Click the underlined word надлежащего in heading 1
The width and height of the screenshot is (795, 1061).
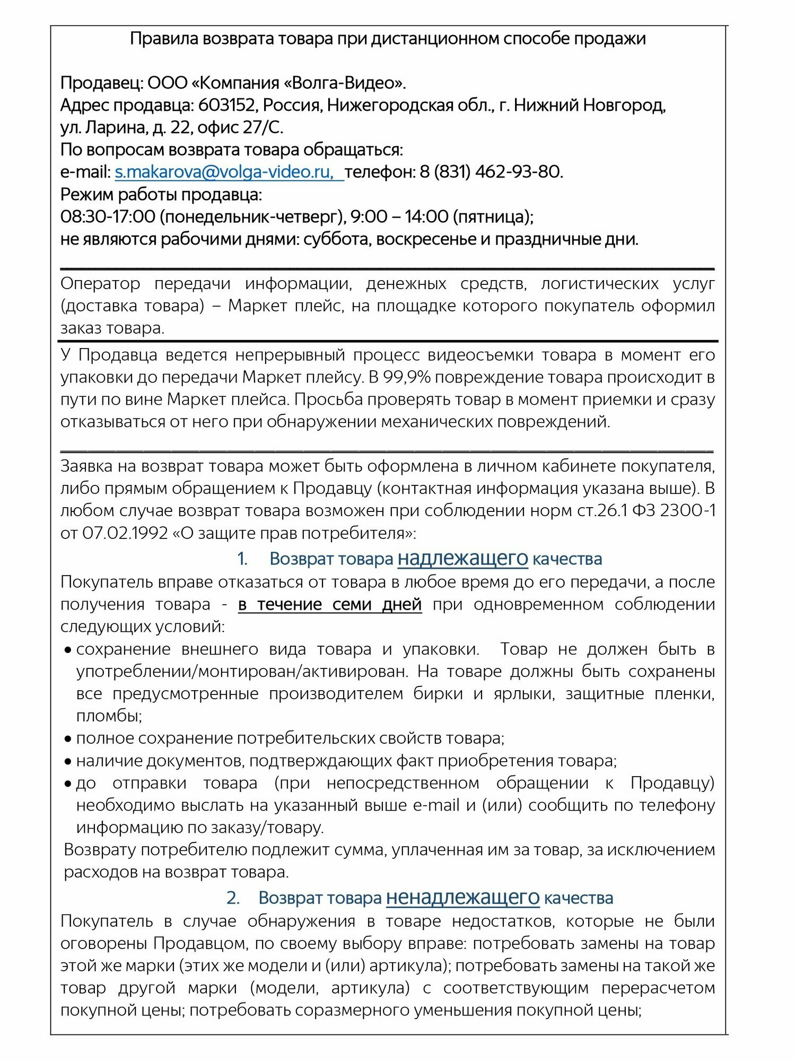(x=462, y=559)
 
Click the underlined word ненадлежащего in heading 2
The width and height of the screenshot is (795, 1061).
(x=462, y=898)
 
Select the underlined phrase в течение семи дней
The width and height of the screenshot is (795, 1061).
(x=330, y=604)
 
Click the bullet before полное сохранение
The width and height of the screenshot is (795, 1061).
(x=68, y=739)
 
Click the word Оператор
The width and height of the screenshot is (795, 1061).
(x=100, y=284)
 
